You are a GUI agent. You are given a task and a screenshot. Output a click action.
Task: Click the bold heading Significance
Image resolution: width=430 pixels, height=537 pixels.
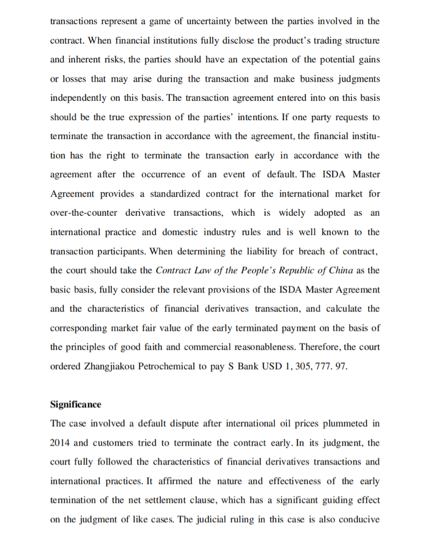tap(75, 404)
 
